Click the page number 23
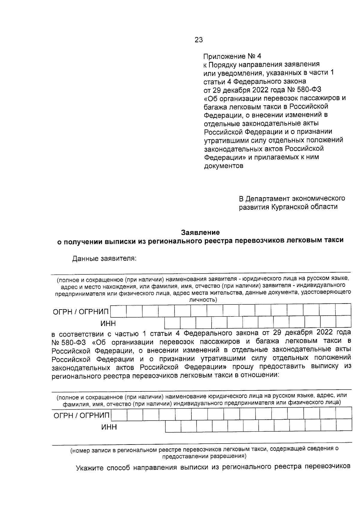coord(199,40)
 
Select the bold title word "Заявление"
coord(200,232)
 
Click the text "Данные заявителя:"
coord(104,259)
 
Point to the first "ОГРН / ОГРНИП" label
coord(81,312)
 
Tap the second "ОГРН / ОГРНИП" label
coord(81,416)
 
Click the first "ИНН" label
coord(108,323)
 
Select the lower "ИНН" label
coord(109,427)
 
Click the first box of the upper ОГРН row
coord(118,311)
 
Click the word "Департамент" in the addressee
coord(268,199)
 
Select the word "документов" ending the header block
coord(223,166)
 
